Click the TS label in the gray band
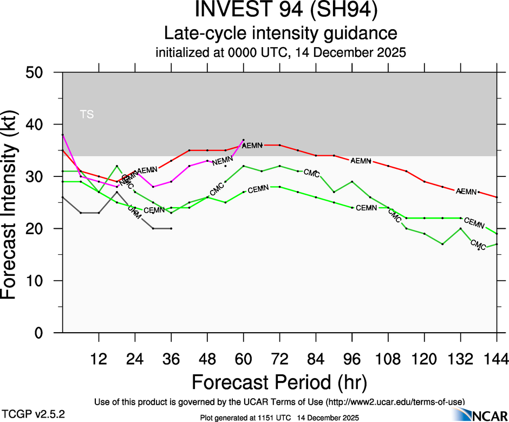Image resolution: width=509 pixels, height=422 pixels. tap(87, 114)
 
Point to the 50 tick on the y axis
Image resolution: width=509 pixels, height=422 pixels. tap(41, 72)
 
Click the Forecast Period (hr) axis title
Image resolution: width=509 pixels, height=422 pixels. tap(279, 382)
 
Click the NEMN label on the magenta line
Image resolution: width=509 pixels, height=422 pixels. tap(223, 161)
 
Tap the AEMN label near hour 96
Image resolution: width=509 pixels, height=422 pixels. tap(361, 161)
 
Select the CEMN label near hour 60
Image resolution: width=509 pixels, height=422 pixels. tap(258, 188)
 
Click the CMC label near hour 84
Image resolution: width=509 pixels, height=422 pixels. tap(311, 173)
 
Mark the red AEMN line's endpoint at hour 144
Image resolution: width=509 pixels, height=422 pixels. tap(497, 197)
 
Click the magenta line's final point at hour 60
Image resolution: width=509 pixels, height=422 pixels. tap(244, 140)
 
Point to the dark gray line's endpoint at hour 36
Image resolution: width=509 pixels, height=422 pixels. tap(171, 229)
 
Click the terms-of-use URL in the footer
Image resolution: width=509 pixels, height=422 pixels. tap(395, 401)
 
